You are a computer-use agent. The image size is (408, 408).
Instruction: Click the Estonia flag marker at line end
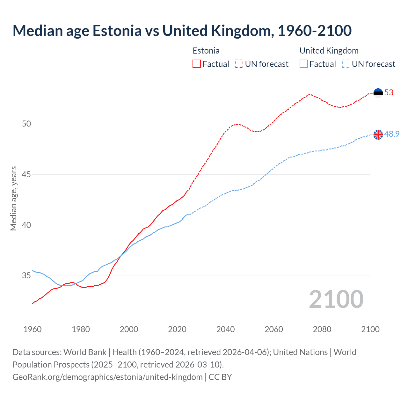[x=378, y=93]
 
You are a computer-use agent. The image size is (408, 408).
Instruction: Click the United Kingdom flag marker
[x=378, y=135]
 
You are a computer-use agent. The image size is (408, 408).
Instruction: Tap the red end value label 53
[x=389, y=93]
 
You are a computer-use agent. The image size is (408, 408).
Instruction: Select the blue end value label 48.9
[x=392, y=134]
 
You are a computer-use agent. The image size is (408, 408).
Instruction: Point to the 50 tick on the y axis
[x=26, y=124]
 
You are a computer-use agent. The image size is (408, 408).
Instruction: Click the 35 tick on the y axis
[x=26, y=275]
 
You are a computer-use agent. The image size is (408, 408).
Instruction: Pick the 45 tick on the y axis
[x=26, y=174]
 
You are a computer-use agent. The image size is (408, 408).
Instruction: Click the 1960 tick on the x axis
[x=33, y=329]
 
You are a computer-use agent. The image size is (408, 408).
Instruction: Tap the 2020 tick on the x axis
[x=177, y=329]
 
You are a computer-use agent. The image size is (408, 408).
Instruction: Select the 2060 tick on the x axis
[x=274, y=329]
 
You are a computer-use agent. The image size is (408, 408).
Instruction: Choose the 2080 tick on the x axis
[x=322, y=329]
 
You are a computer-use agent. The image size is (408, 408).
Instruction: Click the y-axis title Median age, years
[x=13, y=198]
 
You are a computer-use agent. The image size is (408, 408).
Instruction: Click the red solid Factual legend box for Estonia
[x=197, y=64]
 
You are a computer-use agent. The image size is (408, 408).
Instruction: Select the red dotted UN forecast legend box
[x=239, y=64]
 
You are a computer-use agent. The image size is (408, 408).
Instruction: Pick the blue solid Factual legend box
[x=304, y=64]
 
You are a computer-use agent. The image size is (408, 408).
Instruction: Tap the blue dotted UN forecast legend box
[x=346, y=64]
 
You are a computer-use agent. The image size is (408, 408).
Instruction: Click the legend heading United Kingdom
[x=329, y=51]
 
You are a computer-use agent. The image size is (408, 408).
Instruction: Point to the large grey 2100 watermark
[x=336, y=299]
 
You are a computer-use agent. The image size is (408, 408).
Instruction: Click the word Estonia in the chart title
[x=117, y=31]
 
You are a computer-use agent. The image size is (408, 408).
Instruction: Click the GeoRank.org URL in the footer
[x=107, y=377]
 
